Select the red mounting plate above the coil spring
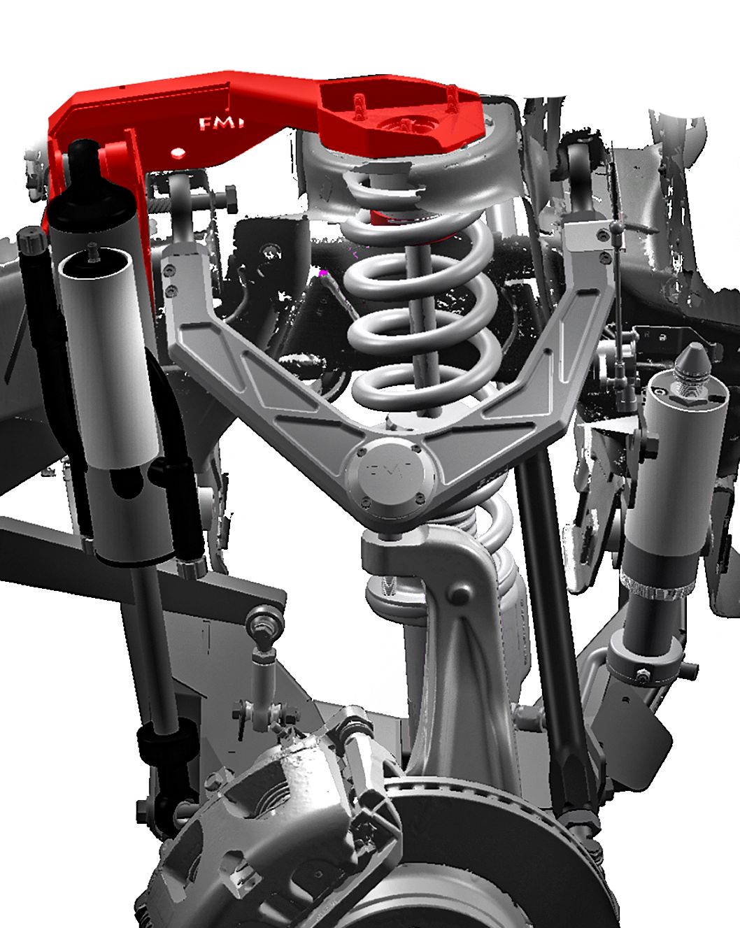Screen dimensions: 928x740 399,115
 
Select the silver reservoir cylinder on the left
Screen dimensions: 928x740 105,364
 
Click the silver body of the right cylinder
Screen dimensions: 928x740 671,476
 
